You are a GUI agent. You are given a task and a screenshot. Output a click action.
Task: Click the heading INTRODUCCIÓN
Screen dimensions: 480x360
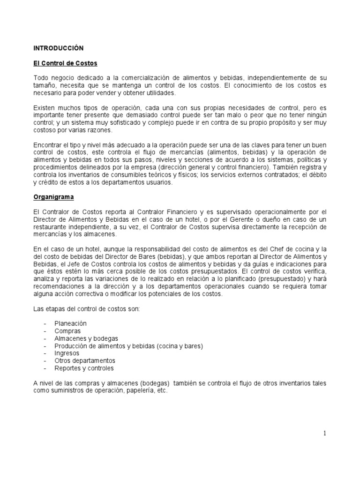click(58, 48)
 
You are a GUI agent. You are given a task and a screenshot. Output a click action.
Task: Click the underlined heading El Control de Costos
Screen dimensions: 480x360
click(65, 63)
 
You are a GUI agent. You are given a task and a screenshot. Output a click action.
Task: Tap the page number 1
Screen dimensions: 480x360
click(324, 433)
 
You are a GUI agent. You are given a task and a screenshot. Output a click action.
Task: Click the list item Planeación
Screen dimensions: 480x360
click(70, 323)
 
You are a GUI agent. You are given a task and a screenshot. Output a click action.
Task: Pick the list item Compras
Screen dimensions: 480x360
click(67, 331)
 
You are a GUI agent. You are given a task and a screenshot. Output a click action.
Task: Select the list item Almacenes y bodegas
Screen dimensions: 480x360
click(86, 338)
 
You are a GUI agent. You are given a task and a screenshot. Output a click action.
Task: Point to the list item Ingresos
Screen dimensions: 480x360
click(67, 353)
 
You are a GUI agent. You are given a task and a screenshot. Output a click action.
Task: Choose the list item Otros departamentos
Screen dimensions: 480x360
click(85, 360)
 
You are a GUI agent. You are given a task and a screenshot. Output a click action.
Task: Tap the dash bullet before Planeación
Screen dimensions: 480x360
click(45, 323)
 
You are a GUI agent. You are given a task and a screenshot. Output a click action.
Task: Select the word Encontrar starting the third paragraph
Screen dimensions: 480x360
click(48, 145)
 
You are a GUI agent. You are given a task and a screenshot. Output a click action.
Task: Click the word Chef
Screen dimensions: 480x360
click(273, 249)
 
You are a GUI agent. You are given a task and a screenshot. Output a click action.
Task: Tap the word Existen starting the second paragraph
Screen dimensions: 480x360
click(45, 108)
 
